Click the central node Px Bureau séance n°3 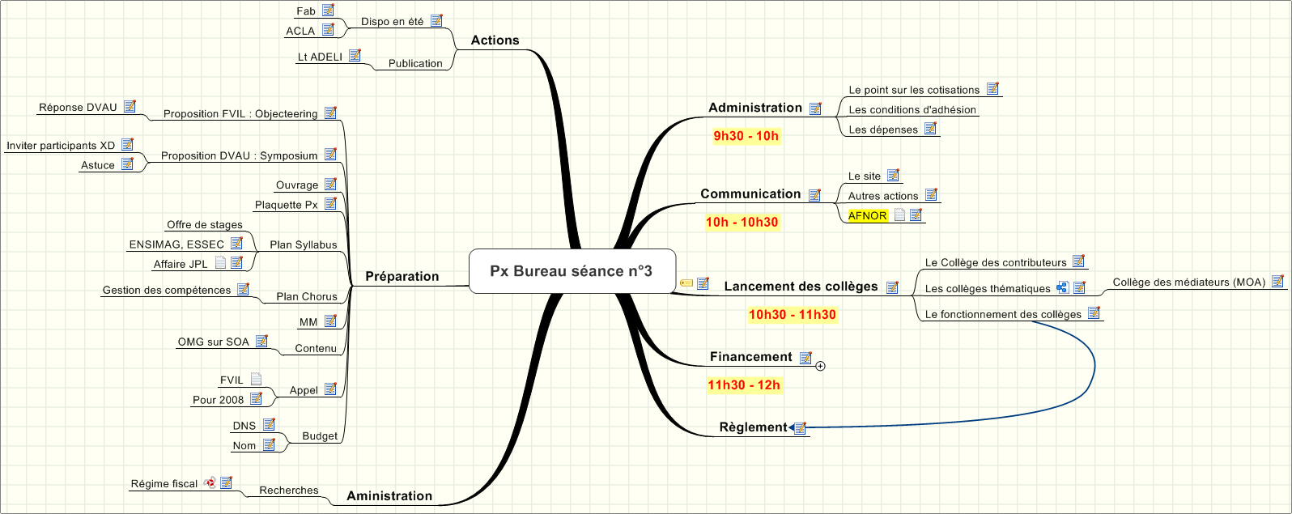tap(572, 271)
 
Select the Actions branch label tap(495, 40)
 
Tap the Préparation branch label tap(402, 277)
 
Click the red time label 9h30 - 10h tap(746, 136)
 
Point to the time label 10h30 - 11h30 tap(792, 315)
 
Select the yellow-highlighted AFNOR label tap(867, 216)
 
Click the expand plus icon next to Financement tap(820, 367)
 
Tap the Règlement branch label tap(753, 427)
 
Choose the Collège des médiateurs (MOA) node tap(1188, 282)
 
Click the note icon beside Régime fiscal tap(226, 483)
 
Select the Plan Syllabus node tap(303, 245)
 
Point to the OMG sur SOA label tap(214, 342)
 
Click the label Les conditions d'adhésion tap(912, 110)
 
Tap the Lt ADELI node tap(320, 57)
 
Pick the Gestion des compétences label tap(167, 291)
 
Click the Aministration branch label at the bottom tap(389, 496)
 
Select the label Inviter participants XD tap(61, 146)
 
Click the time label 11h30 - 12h tap(744, 385)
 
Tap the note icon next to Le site tap(893, 176)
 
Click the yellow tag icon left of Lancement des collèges tap(686, 283)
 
